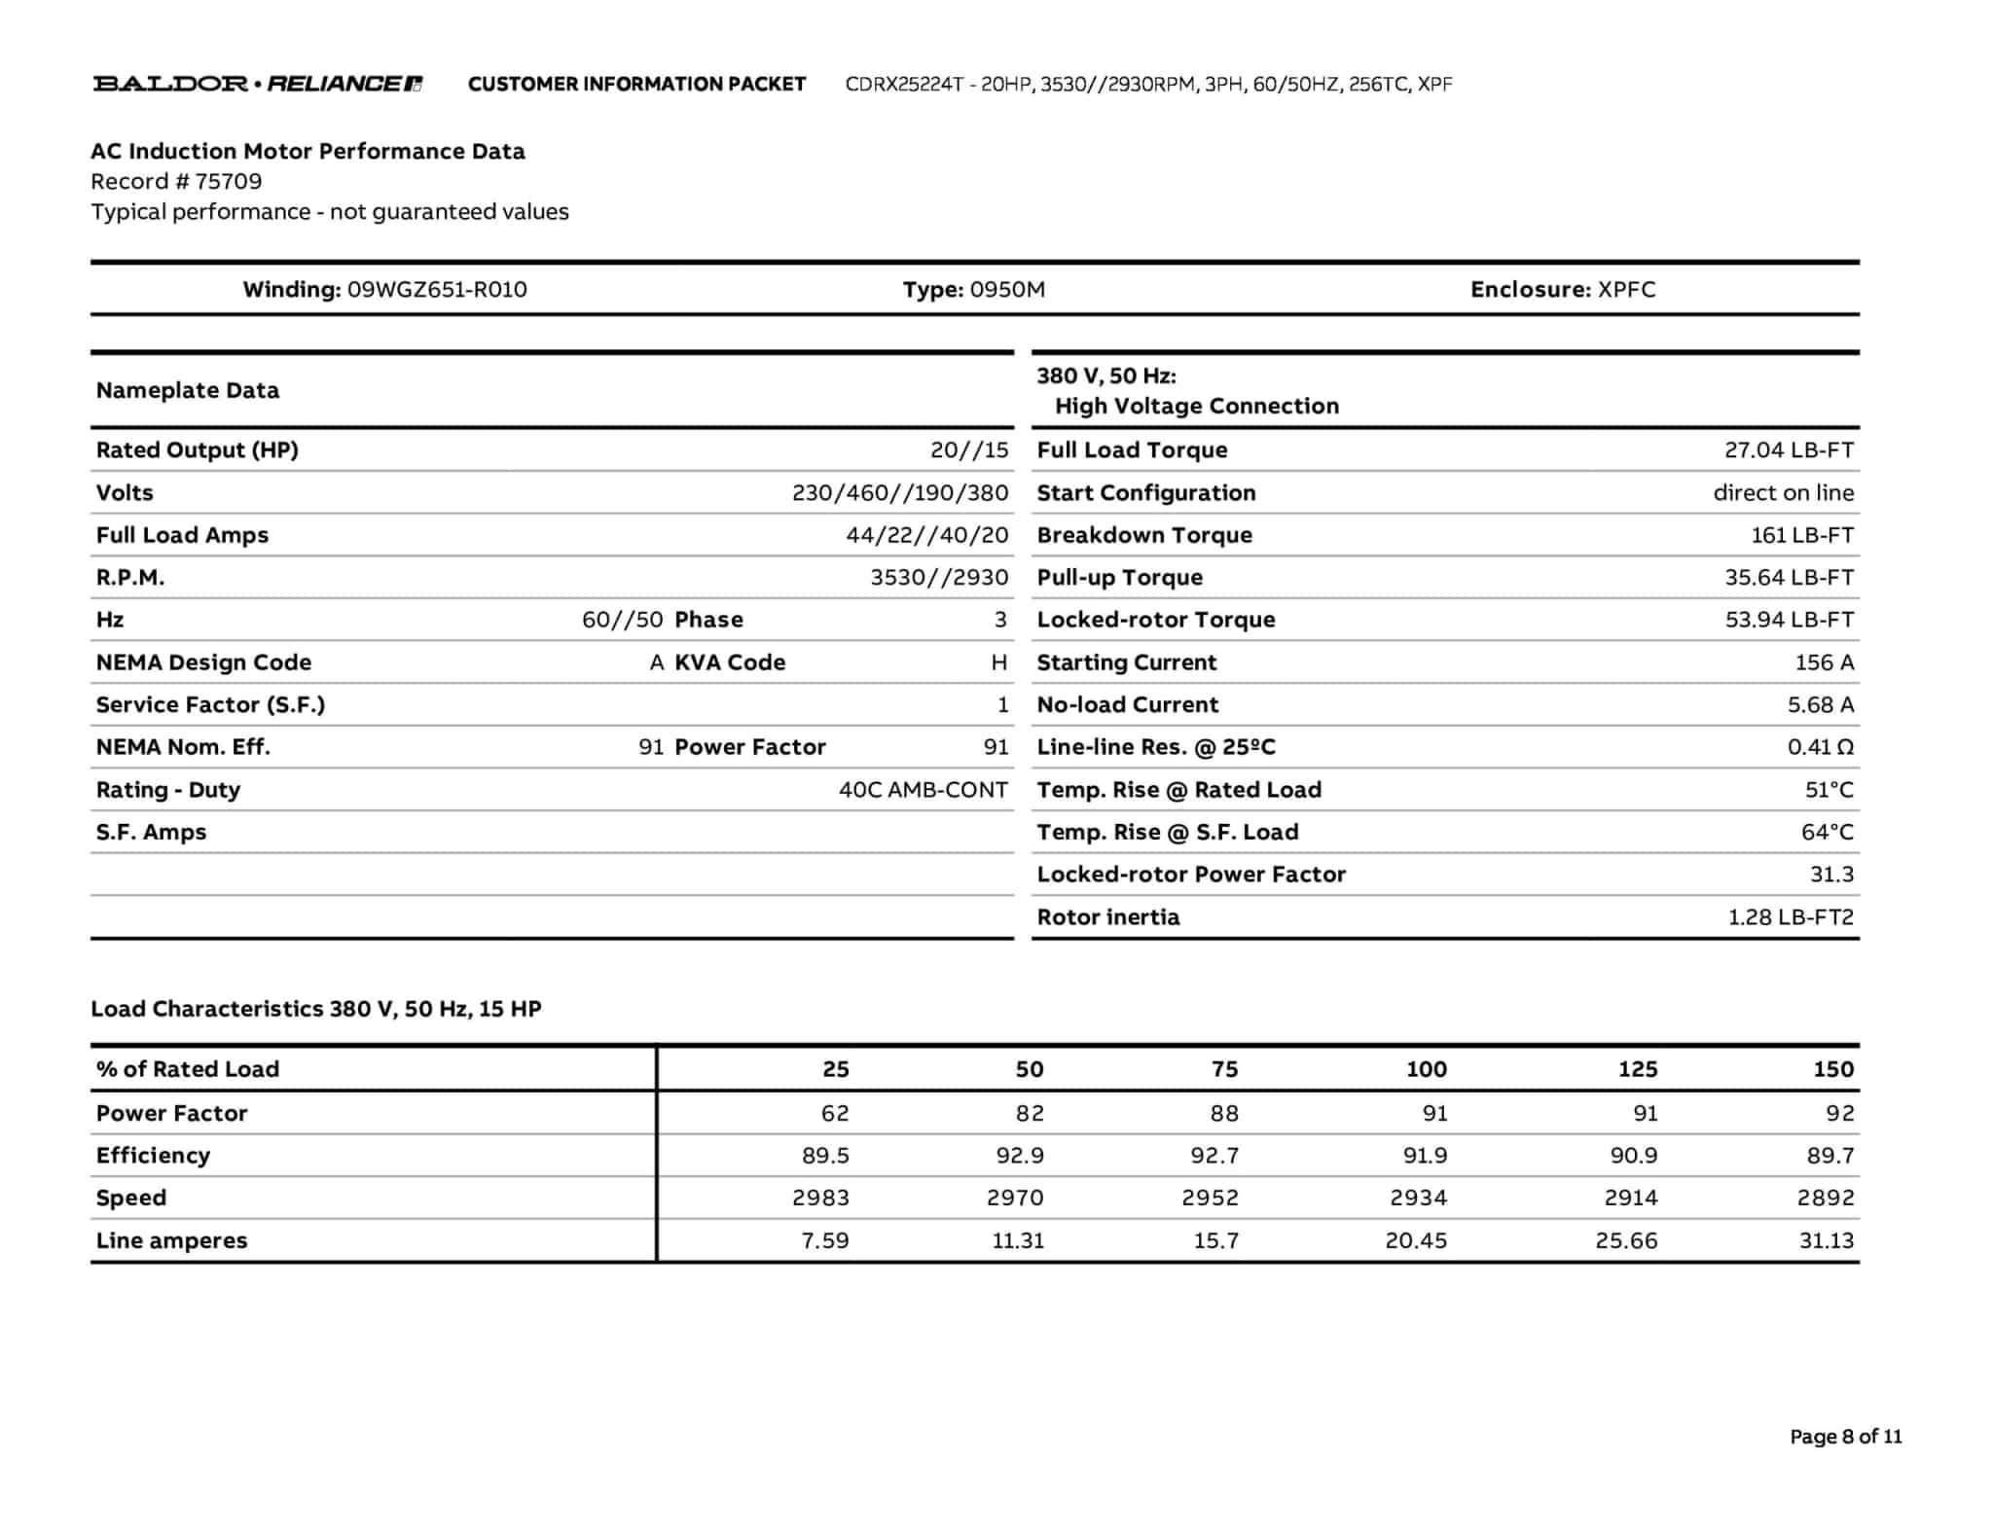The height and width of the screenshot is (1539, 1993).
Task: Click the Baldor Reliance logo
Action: point(258,84)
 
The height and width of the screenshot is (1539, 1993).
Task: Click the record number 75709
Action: point(228,182)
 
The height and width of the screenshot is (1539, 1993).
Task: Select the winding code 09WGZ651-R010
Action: point(437,290)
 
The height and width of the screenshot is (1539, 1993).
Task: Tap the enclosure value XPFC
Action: point(1626,290)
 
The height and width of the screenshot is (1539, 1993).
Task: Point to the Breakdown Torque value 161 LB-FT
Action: point(1801,535)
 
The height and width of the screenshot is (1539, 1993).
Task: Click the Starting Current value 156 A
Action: point(1824,662)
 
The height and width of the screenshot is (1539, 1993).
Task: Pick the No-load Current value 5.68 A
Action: point(1820,705)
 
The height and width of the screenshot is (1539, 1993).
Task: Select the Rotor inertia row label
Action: point(1107,917)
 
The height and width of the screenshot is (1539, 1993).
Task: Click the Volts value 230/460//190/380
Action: point(899,493)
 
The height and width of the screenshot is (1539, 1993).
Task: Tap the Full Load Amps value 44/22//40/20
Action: point(926,535)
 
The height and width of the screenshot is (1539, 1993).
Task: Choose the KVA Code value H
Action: point(998,662)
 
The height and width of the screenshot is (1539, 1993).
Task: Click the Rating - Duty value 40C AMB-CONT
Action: point(923,790)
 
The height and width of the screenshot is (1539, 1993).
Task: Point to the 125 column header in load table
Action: point(1637,1069)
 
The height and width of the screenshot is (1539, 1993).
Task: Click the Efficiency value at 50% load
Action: point(1019,1156)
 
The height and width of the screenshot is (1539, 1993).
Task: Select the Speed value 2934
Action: point(1418,1199)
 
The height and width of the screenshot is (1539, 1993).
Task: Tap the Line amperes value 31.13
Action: point(1826,1241)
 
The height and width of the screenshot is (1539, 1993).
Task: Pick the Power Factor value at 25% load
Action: point(834,1114)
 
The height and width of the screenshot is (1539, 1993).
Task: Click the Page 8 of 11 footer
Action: point(1845,1437)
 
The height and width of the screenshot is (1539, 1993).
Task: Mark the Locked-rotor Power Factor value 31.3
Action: point(1830,875)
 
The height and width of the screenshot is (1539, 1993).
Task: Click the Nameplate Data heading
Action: point(188,391)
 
